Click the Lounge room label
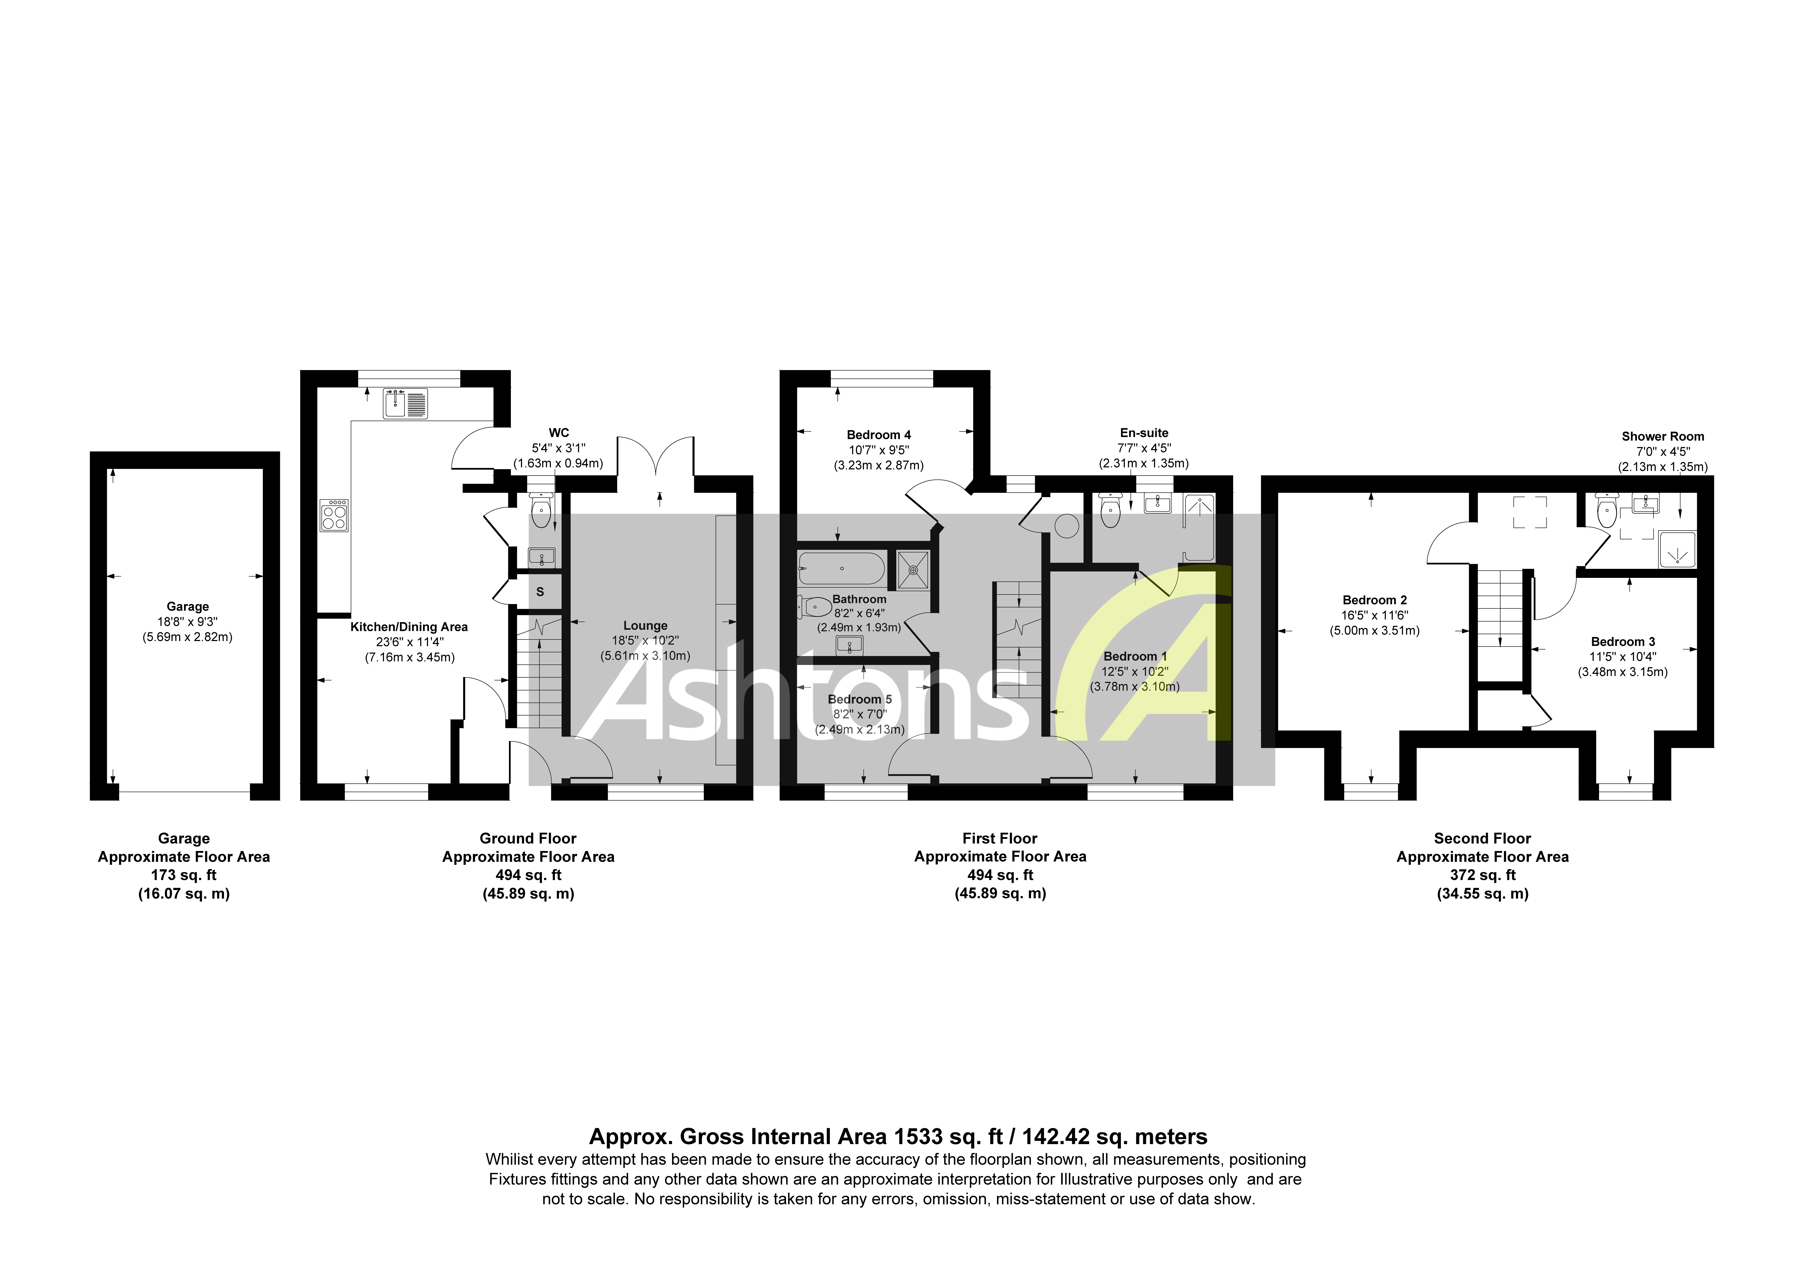pos(645,626)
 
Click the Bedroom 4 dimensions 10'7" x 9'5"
pos(878,450)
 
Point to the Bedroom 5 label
pos(860,699)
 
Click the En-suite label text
pos(1144,433)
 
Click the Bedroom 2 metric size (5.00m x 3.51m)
pos(1374,631)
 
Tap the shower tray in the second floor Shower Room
pos(1677,550)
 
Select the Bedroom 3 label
pos(1623,642)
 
